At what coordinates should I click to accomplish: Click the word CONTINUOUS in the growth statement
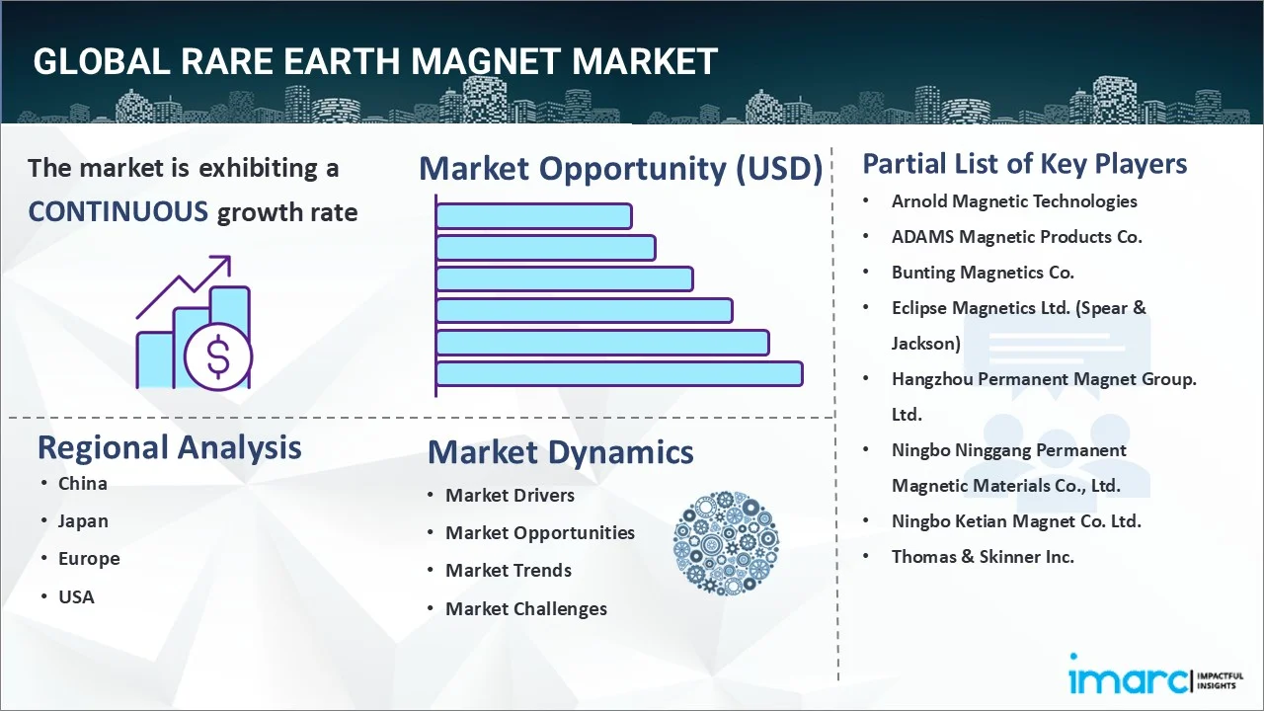coord(118,212)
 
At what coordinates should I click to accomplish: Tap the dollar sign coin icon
coord(218,356)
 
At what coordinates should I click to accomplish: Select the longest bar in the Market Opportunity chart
coord(619,374)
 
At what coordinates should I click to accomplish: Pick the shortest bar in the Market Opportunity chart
coord(534,216)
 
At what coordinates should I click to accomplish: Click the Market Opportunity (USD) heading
coord(621,168)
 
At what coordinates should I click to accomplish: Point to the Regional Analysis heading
coord(169,447)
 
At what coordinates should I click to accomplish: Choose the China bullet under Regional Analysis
coord(82,484)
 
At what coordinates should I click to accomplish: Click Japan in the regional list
coord(83,521)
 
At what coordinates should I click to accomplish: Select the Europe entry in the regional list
coord(89,559)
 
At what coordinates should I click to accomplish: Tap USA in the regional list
coord(76,597)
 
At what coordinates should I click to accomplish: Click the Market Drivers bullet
coord(511,496)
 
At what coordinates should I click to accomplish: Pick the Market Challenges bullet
coord(526,609)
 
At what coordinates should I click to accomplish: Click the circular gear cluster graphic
coord(726,543)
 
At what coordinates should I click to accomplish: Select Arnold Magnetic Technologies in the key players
coord(1014,202)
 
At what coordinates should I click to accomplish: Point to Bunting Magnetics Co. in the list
coord(983,273)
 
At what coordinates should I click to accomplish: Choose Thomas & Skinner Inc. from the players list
coord(983,557)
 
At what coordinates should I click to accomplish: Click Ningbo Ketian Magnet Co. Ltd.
coord(1016,521)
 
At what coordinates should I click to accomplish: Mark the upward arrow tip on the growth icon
coord(229,257)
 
